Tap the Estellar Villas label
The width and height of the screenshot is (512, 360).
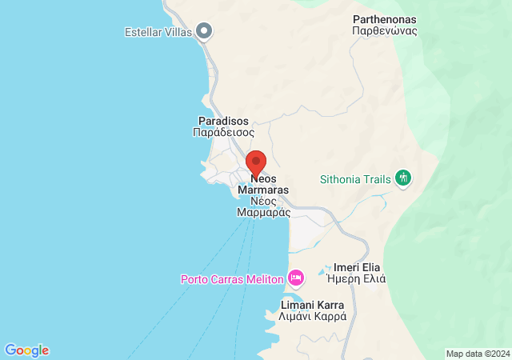pyautogui.click(x=159, y=32)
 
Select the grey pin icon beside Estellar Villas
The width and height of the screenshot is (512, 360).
pyautogui.click(x=204, y=31)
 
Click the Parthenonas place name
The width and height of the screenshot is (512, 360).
pyautogui.click(x=385, y=18)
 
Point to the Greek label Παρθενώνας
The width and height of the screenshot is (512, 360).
pyautogui.click(x=385, y=31)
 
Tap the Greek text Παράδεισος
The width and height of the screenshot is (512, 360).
pyautogui.click(x=223, y=133)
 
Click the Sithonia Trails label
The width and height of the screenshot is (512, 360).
pyautogui.click(x=356, y=179)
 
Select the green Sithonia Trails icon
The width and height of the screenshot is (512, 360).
pyautogui.click(x=403, y=178)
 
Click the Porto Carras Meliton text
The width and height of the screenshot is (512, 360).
pyautogui.click(x=233, y=279)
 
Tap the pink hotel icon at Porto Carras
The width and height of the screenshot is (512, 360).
pyautogui.click(x=297, y=278)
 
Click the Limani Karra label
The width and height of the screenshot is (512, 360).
pyautogui.click(x=313, y=305)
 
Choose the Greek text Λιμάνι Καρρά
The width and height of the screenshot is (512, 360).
pyautogui.click(x=313, y=317)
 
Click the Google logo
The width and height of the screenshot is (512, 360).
pyautogui.click(x=26, y=350)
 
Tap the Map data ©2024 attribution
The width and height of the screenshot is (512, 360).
pyautogui.click(x=477, y=354)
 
